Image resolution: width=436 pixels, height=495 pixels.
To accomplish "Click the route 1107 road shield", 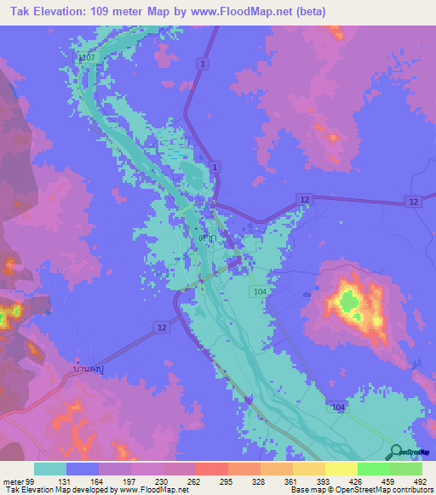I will coord(84,58).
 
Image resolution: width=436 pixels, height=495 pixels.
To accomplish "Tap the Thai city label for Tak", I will coord(206,241).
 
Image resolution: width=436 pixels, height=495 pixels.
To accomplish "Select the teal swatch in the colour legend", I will coord(50,468).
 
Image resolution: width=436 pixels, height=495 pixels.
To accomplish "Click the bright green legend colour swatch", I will coord(373,468).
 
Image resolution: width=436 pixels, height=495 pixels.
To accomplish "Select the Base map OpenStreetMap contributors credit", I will coord(358,490).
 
